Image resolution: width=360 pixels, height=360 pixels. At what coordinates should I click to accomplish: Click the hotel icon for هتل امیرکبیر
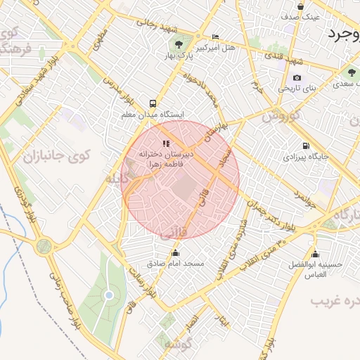(215, 37)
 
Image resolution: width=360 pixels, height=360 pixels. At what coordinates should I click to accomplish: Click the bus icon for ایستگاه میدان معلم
(153, 102)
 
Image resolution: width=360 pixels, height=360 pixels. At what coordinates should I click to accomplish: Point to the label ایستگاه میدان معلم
(153, 113)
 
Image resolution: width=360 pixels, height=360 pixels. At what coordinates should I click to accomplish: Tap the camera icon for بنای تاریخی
(297, 77)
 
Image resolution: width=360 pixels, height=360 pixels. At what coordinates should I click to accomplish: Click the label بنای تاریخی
(297, 89)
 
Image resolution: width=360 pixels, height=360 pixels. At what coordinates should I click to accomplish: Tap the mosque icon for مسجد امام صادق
(175, 253)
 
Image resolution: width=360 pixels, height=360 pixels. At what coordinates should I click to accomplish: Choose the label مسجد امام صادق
(175, 264)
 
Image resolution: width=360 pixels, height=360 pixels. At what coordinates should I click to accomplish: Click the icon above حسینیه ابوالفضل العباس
(314, 254)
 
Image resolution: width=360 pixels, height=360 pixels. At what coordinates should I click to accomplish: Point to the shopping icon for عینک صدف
(301, 6)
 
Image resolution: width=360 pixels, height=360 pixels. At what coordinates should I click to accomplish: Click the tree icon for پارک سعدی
(350, 72)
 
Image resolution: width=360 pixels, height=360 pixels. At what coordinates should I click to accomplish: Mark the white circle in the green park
(108, 295)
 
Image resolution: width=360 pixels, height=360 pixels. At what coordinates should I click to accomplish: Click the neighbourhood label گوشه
(176, 345)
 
